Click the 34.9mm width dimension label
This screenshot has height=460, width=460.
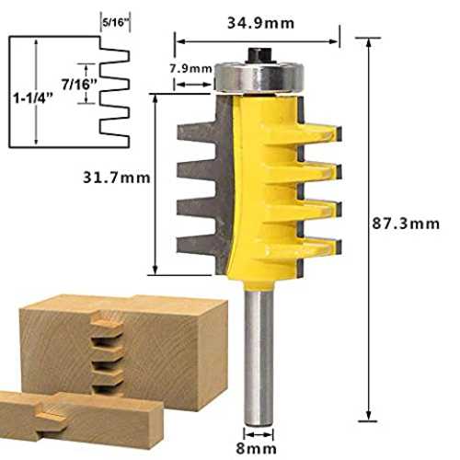click(x=260, y=23)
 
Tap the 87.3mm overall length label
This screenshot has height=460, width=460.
click(x=406, y=224)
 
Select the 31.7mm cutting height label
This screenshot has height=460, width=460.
click(x=117, y=178)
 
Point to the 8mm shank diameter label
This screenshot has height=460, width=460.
click(x=256, y=449)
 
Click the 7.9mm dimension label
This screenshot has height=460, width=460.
click(x=191, y=68)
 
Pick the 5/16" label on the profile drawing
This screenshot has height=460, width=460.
click(x=115, y=22)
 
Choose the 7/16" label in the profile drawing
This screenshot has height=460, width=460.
click(x=79, y=84)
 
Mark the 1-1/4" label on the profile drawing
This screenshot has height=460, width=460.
click(x=33, y=98)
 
